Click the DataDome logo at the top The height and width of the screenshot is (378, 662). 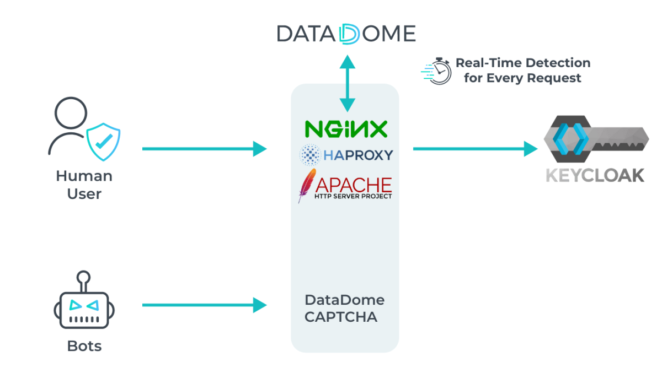point(346,33)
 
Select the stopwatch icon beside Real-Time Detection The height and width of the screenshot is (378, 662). point(437,71)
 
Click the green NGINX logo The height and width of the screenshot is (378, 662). point(346,129)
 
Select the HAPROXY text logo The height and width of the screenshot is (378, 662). point(358,155)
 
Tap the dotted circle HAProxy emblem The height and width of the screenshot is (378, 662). point(310,155)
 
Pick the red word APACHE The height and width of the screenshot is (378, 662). point(353,184)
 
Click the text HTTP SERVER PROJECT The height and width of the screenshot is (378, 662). point(353,196)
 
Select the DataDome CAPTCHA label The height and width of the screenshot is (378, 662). point(344,309)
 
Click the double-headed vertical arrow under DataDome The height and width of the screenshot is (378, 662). point(347,83)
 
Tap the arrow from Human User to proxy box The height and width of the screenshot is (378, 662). point(204,148)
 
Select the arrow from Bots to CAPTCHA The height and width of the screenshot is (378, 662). point(204,305)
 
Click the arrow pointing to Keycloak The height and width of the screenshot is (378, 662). point(474,148)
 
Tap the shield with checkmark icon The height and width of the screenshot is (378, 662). point(103,141)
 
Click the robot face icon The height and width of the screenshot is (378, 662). point(84,309)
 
